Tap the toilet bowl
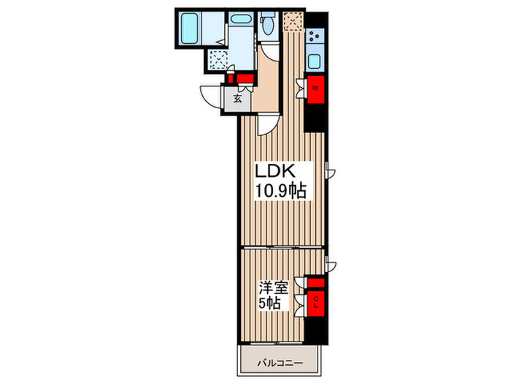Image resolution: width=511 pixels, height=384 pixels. pos(268,24)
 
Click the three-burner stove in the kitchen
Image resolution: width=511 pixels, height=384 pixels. pos(315,35)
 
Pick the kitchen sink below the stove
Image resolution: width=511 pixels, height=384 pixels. pos(315,60)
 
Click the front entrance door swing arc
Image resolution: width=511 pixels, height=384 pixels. pos(212,97)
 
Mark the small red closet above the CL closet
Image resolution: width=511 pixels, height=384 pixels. pos(316,282)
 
